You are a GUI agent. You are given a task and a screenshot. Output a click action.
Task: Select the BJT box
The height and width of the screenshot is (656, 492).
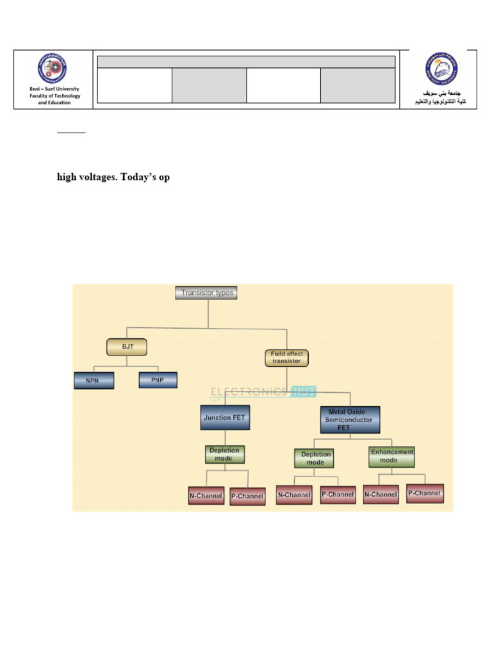click(126, 348)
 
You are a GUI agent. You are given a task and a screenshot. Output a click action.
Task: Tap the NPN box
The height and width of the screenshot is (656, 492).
click(94, 381)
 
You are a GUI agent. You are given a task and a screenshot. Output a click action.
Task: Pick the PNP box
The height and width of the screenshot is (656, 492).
click(158, 381)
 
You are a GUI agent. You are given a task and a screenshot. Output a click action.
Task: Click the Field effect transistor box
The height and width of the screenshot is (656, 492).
click(286, 357)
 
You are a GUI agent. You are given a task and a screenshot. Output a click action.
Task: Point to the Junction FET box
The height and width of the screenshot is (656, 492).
click(224, 418)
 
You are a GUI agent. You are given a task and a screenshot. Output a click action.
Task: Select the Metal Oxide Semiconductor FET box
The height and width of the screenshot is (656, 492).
click(350, 420)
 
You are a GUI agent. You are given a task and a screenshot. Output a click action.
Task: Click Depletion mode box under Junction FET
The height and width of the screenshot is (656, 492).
click(225, 454)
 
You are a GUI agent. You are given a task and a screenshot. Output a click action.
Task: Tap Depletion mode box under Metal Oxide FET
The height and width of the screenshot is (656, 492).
click(314, 459)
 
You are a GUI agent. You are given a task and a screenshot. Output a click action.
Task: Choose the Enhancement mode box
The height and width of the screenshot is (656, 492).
click(391, 456)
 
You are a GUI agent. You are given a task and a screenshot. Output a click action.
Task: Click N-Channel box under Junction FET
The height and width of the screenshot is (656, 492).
click(206, 496)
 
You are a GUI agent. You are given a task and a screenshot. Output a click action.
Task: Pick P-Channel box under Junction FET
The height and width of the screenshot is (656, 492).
click(247, 496)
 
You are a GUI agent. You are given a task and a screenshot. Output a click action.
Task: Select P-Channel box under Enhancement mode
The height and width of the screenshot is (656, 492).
click(425, 493)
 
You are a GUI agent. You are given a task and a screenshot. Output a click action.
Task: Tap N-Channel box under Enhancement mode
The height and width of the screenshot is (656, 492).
click(381, 495)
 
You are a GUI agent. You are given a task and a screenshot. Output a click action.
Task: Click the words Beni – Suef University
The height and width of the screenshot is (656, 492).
click(54, 90)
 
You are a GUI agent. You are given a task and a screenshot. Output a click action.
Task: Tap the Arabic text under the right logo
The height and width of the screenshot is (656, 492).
click(439, 97)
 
